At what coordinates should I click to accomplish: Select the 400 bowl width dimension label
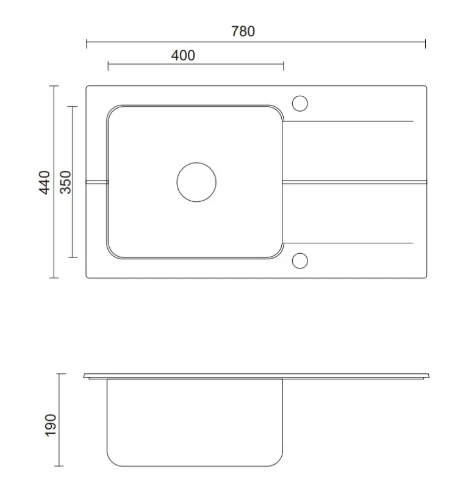click(x=183, y=56)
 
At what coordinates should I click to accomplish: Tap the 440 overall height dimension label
click(x=44, y=182)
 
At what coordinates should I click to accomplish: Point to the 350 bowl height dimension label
click(x=65, y=182)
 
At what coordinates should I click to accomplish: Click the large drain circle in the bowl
click(x=196, y=182)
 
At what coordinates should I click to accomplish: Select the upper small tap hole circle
click(x=300, y=104)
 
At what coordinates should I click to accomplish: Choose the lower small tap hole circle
click(x=300, y=260)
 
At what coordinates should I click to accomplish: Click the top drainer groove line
click(x=348, y=121)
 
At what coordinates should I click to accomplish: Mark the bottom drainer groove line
click(x=348, y=243)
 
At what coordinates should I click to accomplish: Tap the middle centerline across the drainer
click(x=354, y=181)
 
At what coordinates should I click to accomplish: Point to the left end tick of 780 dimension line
click(x=87, y=43)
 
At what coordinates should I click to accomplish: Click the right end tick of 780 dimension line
click(x=425, y=43)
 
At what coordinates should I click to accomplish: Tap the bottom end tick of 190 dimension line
click(x=59, y=467)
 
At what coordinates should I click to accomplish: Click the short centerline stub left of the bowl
click(x=97, y=182)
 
